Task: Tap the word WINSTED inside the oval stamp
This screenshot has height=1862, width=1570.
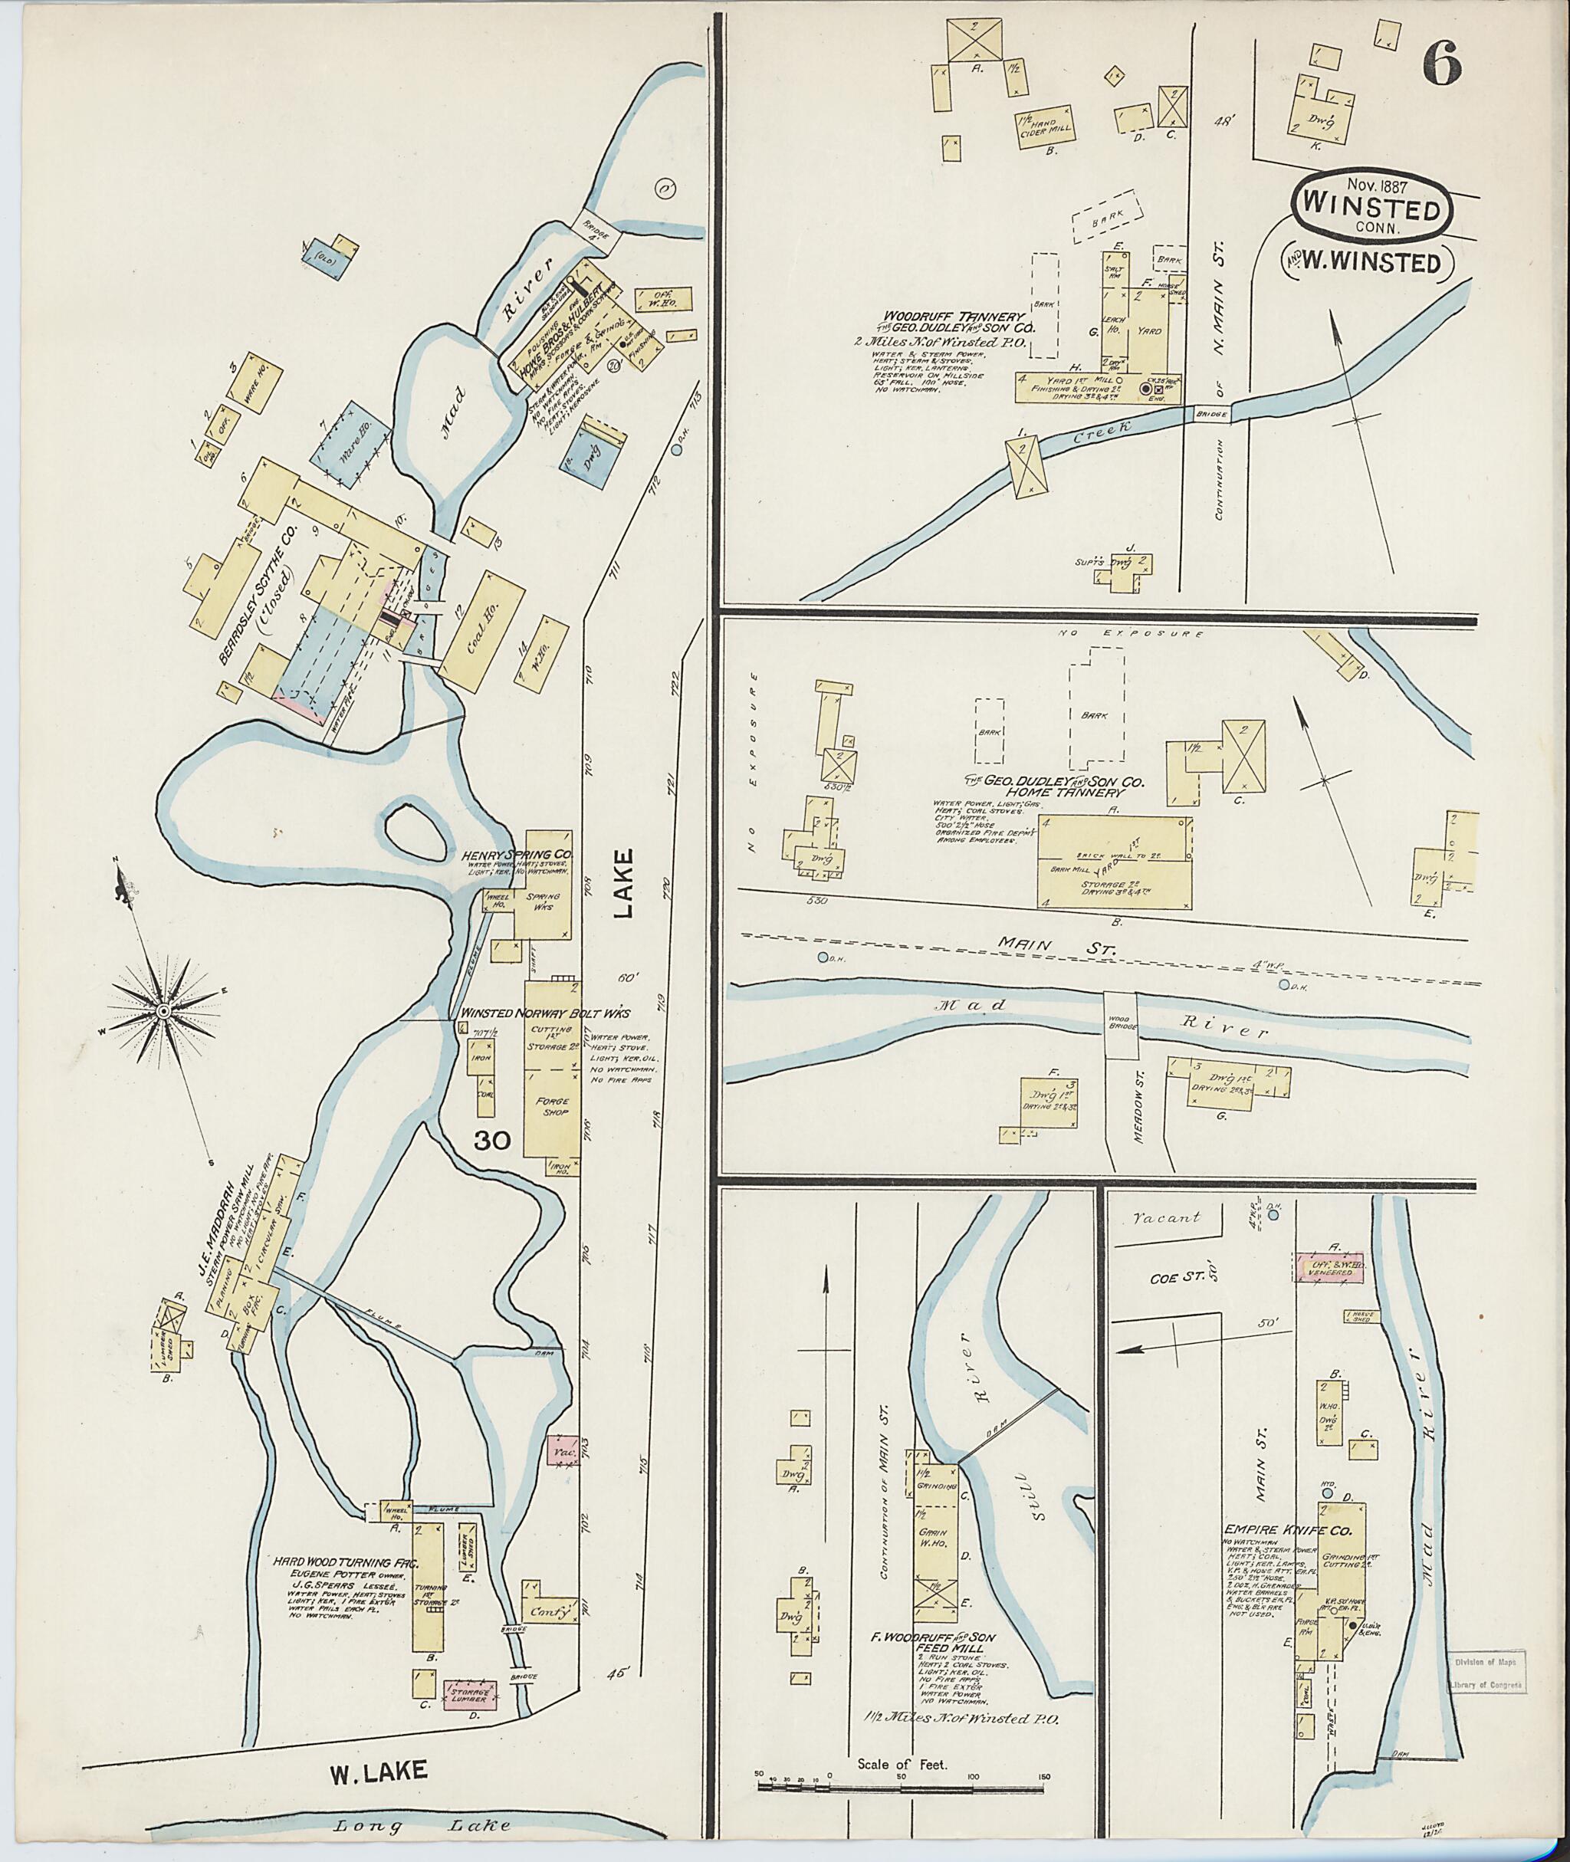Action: point(1371,211)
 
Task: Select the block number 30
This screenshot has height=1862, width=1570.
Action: point(491,1141)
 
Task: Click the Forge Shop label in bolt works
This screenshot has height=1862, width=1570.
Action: point(552,1106)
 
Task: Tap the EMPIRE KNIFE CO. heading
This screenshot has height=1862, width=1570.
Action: point(1288,1532)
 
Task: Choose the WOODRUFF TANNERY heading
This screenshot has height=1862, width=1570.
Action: point(954,316)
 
